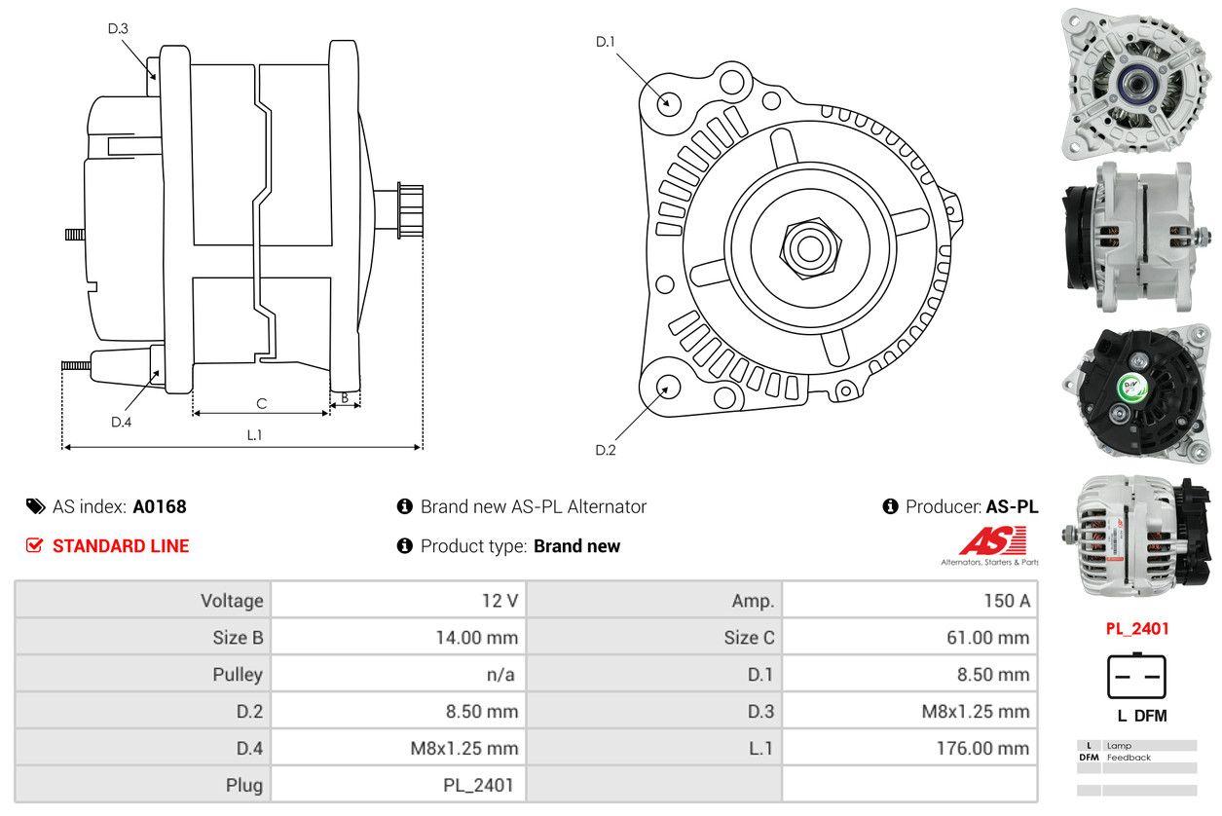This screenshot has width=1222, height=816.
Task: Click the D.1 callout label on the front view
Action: pos(606,42)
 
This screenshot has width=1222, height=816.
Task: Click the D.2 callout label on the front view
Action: pos(606,450)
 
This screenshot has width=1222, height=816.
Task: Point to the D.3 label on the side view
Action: pos(118,28)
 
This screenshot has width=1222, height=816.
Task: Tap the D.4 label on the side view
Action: pos(121,422)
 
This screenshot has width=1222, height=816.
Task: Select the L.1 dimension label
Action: pos(254,435)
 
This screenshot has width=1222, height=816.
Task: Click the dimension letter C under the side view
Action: pos(261,403)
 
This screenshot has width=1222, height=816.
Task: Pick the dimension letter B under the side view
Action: pos(344,397)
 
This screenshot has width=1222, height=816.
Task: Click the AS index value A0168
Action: pos(160,506)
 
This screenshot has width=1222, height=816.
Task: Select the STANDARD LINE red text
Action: pos(121,546)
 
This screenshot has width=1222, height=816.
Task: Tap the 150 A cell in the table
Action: pos(1006,601)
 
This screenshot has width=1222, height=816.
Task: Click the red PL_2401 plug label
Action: pos(1136,629)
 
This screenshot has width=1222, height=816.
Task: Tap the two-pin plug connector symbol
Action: pos(1136,676)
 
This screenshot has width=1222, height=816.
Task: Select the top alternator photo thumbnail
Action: pos(1135,82)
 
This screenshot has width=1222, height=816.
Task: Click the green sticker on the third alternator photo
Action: pos(1131,386)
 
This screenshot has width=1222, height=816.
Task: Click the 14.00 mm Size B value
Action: pos(476,638)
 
